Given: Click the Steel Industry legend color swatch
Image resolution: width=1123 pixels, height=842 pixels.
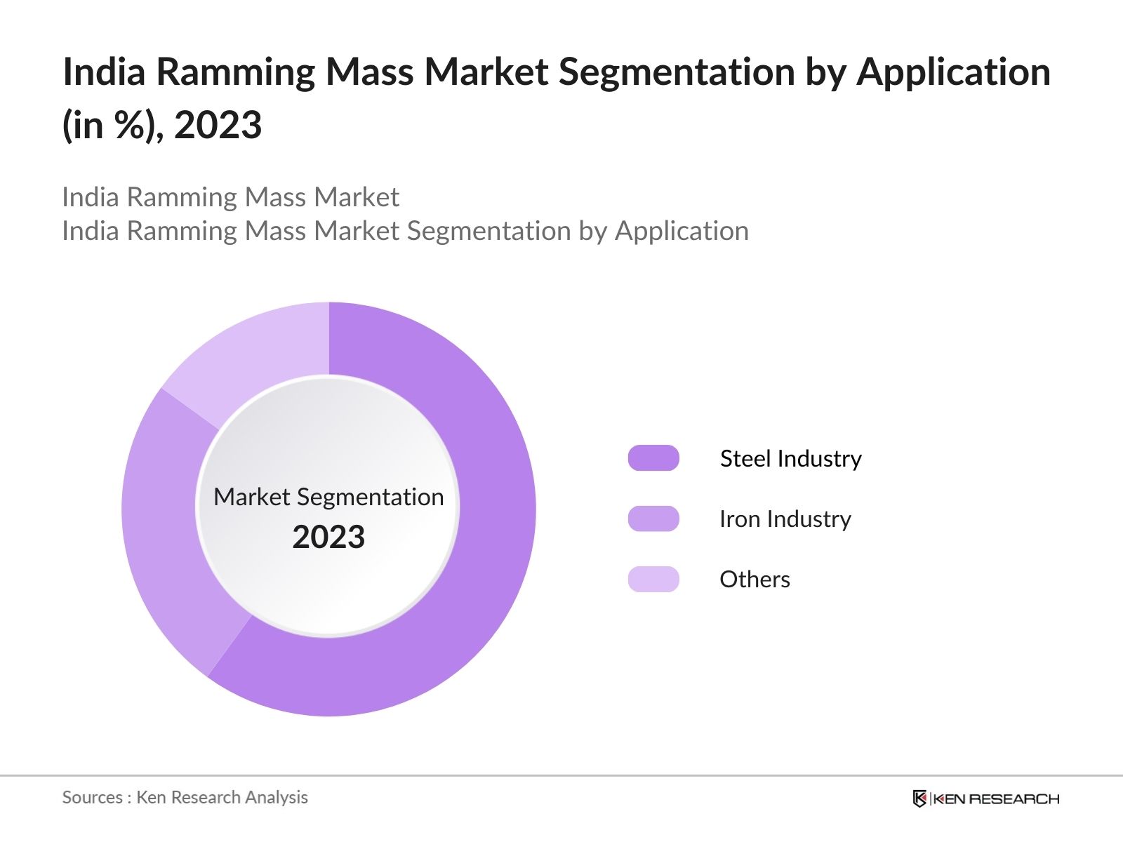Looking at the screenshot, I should tap(653, 458).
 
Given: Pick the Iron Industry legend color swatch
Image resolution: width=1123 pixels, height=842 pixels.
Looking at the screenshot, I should tap(653, 519).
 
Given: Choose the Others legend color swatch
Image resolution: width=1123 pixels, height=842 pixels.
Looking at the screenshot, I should tap(653, 579).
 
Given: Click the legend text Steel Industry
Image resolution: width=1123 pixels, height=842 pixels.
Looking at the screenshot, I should tap(790, 458).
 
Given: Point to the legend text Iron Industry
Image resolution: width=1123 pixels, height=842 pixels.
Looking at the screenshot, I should tap(785, 519).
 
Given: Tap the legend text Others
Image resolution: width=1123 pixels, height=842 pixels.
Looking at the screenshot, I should tap(755, 579).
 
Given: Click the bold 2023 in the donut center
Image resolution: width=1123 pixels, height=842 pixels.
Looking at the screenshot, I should tap(328, 537).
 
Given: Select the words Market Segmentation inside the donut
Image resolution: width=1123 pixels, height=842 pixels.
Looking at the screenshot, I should tap(328, 497).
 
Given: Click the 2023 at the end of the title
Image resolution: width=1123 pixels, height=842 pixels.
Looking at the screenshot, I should tap(218, 125).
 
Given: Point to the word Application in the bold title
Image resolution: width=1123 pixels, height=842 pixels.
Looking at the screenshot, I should tap(953, 72).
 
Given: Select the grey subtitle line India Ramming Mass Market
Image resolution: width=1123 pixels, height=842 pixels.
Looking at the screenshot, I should tap(230, 197).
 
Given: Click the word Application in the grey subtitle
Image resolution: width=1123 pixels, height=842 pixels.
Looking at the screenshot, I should tap(682, 231).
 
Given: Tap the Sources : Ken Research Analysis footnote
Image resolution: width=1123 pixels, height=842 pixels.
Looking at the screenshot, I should tap(185, 797).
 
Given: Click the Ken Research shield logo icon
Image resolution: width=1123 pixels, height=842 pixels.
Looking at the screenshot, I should tap(919, 798).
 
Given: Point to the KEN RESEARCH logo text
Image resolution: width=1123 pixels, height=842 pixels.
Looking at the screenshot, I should tap(996, 798).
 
